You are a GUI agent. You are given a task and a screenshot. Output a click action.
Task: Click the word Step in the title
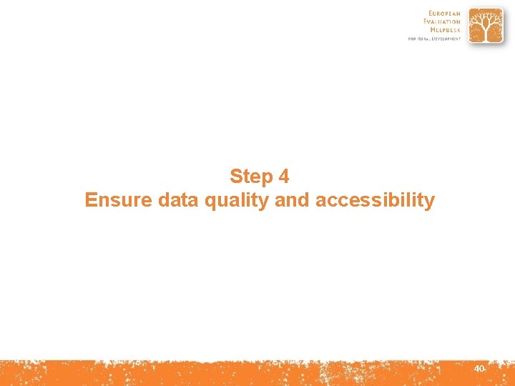pos(251,176)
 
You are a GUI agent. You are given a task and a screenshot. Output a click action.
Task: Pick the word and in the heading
pos(291,200)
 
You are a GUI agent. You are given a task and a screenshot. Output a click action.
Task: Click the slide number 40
pos(479,368)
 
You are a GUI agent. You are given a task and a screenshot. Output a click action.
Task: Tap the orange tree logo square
pos(486,26)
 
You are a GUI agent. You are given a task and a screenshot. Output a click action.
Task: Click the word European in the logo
pos(445,14)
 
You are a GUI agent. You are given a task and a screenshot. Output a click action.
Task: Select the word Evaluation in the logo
pos(442,22)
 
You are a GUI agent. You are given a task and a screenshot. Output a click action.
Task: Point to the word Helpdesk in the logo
pos(444,31)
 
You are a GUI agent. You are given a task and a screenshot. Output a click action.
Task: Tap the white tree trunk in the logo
pos(486,33)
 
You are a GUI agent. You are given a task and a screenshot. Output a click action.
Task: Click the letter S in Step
pos(236,176)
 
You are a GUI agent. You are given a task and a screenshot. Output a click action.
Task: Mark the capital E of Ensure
pos(90,200)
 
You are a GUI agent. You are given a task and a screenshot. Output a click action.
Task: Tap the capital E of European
pos(431,14)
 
